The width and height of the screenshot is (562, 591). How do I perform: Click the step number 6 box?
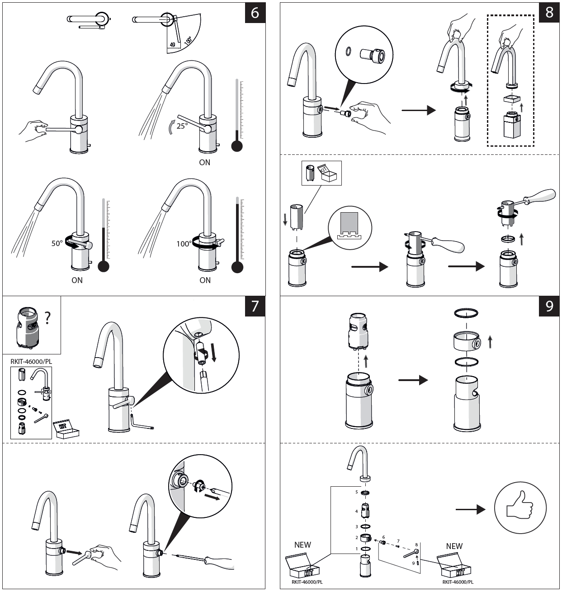[x=255, y=13]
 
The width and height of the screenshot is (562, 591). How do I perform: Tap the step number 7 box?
[x=255, y=306]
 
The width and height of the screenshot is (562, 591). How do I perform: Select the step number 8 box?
[x=549, y=13]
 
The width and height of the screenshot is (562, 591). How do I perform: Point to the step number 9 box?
[x=549, y=306]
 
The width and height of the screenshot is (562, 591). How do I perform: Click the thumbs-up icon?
[x=520, y=508]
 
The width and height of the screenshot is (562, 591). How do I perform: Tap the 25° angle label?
[x=182, y=126]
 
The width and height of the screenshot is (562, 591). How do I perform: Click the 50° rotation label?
[x=57, y=243]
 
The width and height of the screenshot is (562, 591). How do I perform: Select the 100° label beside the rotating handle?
[x=184, y=243]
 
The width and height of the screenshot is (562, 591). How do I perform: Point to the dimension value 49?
[x=172, y=45]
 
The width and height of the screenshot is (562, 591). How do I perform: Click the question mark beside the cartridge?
[x=47, y=318]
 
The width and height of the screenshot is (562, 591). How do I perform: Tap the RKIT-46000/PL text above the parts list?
[x=31, y=362]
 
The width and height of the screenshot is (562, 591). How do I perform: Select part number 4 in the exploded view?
[x=356, y=511]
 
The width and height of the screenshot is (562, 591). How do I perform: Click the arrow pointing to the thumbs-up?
[x=470, y=509]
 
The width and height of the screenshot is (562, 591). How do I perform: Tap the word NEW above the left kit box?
[x=302, y=544]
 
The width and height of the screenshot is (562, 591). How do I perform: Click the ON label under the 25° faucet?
[x=205, y=163]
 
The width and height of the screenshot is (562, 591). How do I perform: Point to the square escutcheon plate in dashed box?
[x=512, y=99]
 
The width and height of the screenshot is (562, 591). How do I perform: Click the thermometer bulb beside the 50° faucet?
[x=104, y=266]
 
